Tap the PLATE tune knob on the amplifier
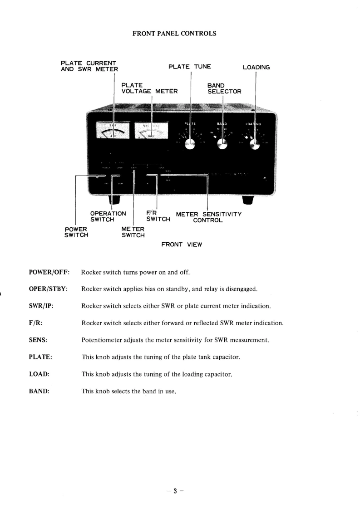[190, 144]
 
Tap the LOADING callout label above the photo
[256, 67]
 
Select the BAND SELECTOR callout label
[224, 88]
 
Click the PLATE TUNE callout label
[189, 67]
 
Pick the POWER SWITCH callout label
[76, 232]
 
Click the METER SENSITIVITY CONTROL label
[208, 217]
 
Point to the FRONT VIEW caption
[182, 245]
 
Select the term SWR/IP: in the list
[42, 306]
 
